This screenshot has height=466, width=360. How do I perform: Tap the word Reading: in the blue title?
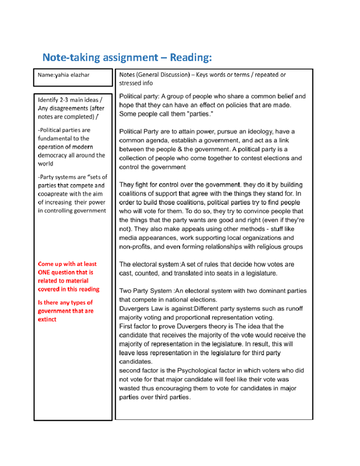pos(191,57)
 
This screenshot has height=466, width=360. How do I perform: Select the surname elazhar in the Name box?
pos(80,75)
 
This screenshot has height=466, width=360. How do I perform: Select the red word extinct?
pos(47,319)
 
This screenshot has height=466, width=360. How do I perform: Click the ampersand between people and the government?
pos(180,149)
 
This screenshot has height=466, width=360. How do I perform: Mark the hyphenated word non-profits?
pos(135,247)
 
